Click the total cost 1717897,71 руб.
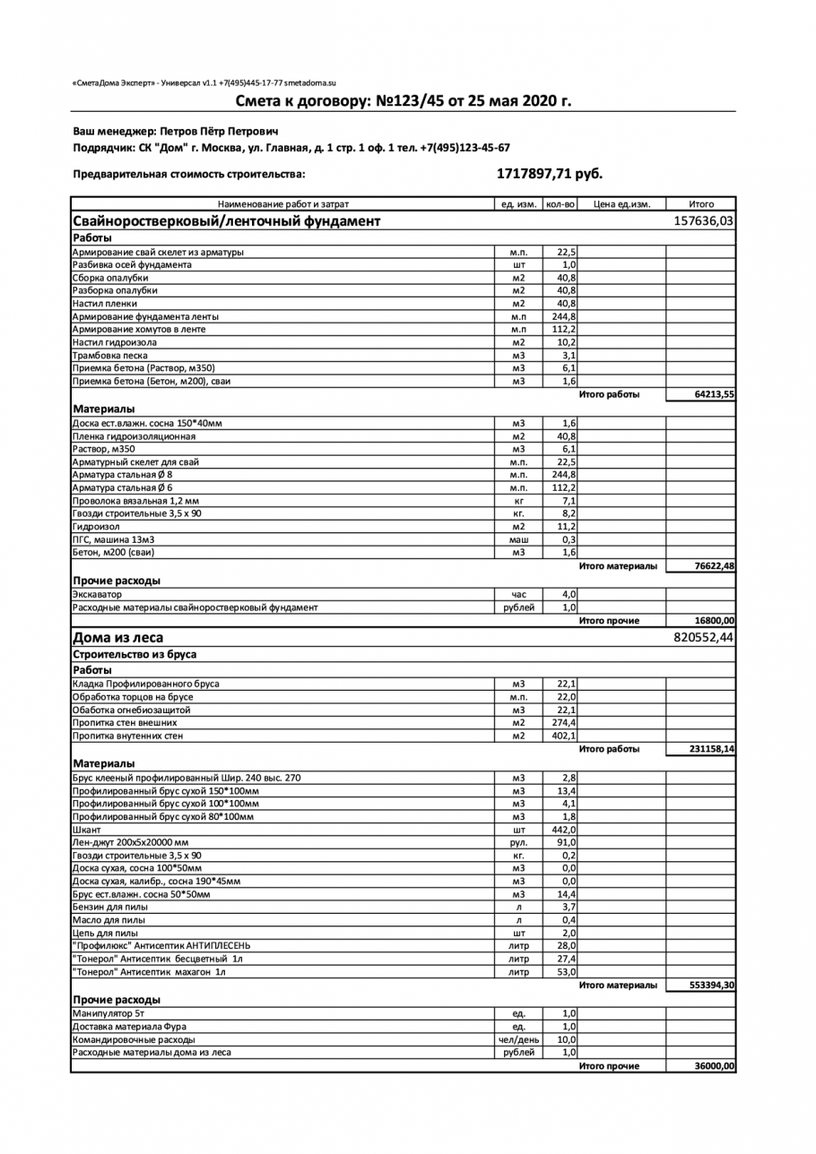(549, 174)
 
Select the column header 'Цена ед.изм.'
(621, 204)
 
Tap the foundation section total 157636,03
(703, 220)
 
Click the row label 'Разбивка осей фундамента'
(132, 265)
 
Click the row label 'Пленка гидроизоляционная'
(134, 436)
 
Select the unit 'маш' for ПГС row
(518, 539)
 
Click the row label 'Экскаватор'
(97, 594)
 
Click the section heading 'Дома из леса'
(117, 638)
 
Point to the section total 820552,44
(703, 638)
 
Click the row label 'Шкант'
(87, 830)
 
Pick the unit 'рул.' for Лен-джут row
(518, 842)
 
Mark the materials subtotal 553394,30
(712, 986)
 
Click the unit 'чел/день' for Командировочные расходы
(518, 1039)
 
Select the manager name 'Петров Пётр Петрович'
(225, 131)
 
